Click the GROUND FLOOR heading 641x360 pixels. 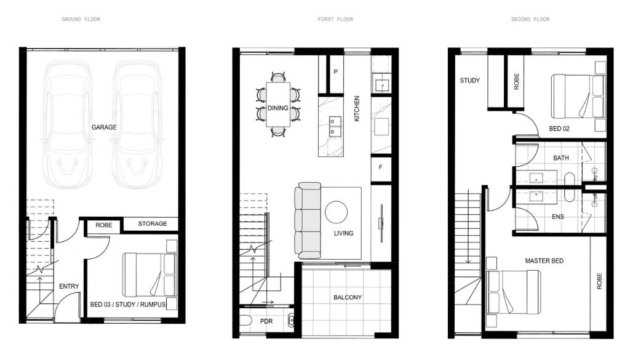point(81,19)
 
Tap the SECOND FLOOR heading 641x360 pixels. point(530,19)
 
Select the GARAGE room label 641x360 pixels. point(104,127)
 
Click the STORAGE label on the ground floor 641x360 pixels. point(153,223)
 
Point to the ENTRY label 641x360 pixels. point(69,286)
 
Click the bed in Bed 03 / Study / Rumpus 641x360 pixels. point(149,275)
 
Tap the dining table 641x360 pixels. point(278,105)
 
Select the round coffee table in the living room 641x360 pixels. point(336,212)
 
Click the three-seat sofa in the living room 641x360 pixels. point(308,220)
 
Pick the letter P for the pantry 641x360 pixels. point(336,72)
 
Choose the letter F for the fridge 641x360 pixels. point(381,167)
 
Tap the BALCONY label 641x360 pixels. point(348,297)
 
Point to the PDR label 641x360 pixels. point(266,322)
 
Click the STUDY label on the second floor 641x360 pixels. point(470,81)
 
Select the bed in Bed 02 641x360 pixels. point(578,97)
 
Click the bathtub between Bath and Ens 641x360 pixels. point(569,187)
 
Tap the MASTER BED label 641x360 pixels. point(544,260)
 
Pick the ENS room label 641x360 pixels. point(558,217)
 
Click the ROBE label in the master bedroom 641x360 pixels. point(599,281)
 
